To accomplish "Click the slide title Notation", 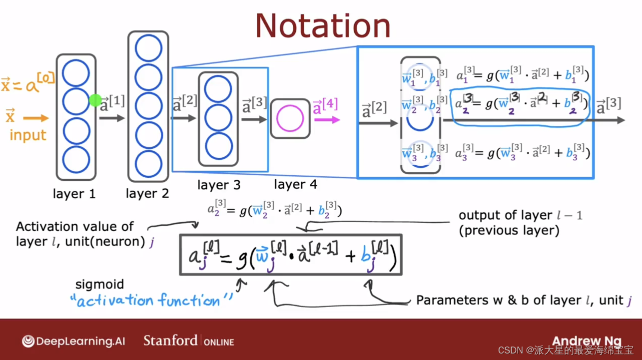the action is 323,26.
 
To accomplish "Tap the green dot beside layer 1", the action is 95,100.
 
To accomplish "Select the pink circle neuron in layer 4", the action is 290,118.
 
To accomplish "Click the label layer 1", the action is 74,194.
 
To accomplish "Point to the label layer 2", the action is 147,194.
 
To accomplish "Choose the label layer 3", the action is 219,185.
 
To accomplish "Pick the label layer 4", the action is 295,184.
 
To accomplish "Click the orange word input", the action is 28,135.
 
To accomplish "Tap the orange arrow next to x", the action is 36,118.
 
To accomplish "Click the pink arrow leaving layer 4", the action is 327,120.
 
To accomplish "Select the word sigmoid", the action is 100,285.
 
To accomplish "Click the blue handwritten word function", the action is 190,301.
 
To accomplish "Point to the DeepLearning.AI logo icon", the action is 28,341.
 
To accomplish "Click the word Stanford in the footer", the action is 170,341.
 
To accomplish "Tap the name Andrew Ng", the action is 587,341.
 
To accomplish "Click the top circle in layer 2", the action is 148,48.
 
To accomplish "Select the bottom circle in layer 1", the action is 76,160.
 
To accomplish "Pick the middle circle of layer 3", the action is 218,118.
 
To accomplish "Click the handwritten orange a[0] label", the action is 40,82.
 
